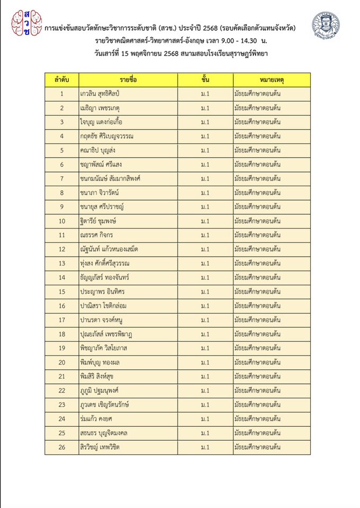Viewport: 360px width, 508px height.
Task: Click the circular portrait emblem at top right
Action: (325, 25)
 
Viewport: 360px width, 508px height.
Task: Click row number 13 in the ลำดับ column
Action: (62, 263)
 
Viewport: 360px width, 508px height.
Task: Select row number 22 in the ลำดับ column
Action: (62, 390)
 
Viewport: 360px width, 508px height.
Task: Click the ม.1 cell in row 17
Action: (205, 320)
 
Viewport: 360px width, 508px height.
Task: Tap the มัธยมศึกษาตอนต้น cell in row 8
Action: (257, 193)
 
